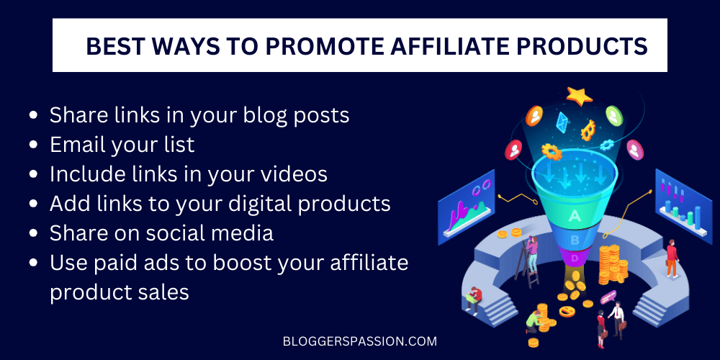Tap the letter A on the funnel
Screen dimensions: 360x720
(x=575, y=215)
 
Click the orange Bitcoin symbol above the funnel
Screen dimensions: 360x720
(x=588, y=130)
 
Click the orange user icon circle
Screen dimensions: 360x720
(x=535, y=114)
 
